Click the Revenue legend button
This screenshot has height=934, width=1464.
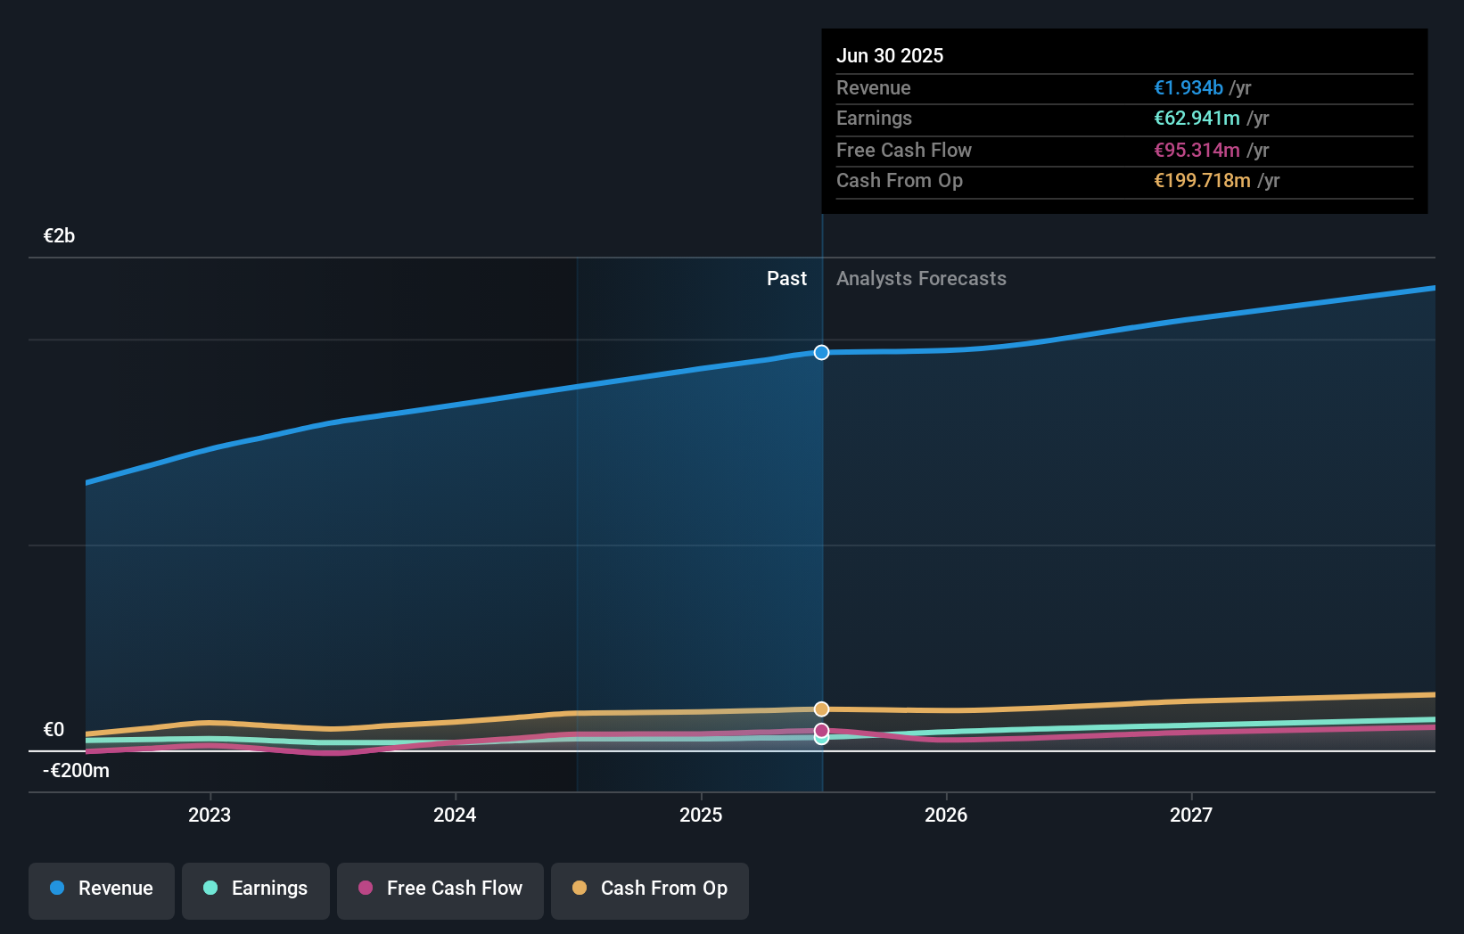(102, 889)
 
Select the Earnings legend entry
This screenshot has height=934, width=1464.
(256, 889)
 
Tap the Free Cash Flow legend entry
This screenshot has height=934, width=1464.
(440, 889)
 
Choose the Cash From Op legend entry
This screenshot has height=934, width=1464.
(650, 889)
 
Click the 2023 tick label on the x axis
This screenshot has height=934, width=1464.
(210, 815)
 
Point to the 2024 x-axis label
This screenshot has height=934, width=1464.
(455, 815)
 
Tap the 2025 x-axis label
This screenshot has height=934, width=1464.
(701, 815)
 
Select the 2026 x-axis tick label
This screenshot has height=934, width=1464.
(946, 815)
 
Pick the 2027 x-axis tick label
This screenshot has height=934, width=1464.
(1191, 815)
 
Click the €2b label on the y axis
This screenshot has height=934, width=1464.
(59, 236)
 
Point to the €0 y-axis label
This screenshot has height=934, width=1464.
(53, 730)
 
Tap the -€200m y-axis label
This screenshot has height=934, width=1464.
(76, 771)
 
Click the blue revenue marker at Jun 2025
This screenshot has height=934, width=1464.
(821, 353)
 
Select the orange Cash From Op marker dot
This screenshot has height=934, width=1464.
(821, 709)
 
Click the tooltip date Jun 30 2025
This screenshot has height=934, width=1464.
(890, 55)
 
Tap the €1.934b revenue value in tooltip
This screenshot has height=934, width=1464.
(1188, 87)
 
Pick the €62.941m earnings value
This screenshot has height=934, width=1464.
(1197, 119)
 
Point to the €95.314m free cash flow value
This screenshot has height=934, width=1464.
(1197, 150)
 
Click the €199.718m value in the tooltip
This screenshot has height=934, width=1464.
(1202, 181)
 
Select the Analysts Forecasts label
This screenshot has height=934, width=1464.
(921, 279)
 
